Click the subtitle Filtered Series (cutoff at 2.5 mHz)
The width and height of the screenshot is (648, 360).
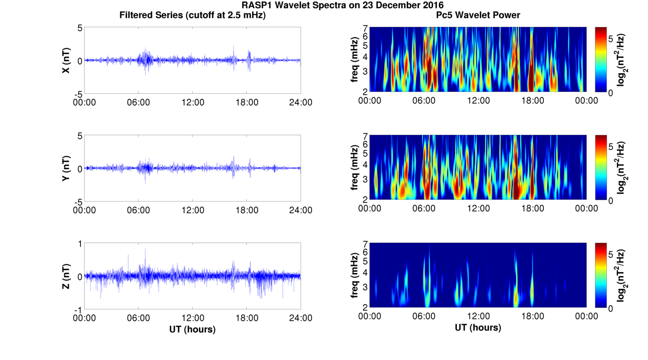tap(192, 16)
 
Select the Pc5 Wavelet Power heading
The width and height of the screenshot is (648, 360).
tap(478, 16)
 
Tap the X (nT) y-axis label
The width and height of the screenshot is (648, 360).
tap(67, 60)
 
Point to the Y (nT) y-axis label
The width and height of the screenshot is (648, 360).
tap(67, 168)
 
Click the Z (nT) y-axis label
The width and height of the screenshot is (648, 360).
tap(67, 276)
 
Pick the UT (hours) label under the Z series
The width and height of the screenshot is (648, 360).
tap(192, 329)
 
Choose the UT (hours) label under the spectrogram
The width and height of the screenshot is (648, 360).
tap(478, 328)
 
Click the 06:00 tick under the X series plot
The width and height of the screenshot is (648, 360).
tap(138, 102)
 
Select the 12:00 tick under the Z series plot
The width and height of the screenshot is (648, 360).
tap(192, 318)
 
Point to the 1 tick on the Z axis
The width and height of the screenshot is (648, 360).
tap(80, 244)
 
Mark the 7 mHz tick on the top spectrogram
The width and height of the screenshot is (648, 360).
tap(365, 28)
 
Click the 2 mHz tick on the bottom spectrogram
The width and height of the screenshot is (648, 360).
tap(365, 307)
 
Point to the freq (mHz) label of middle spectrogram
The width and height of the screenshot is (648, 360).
tap(355, 168)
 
